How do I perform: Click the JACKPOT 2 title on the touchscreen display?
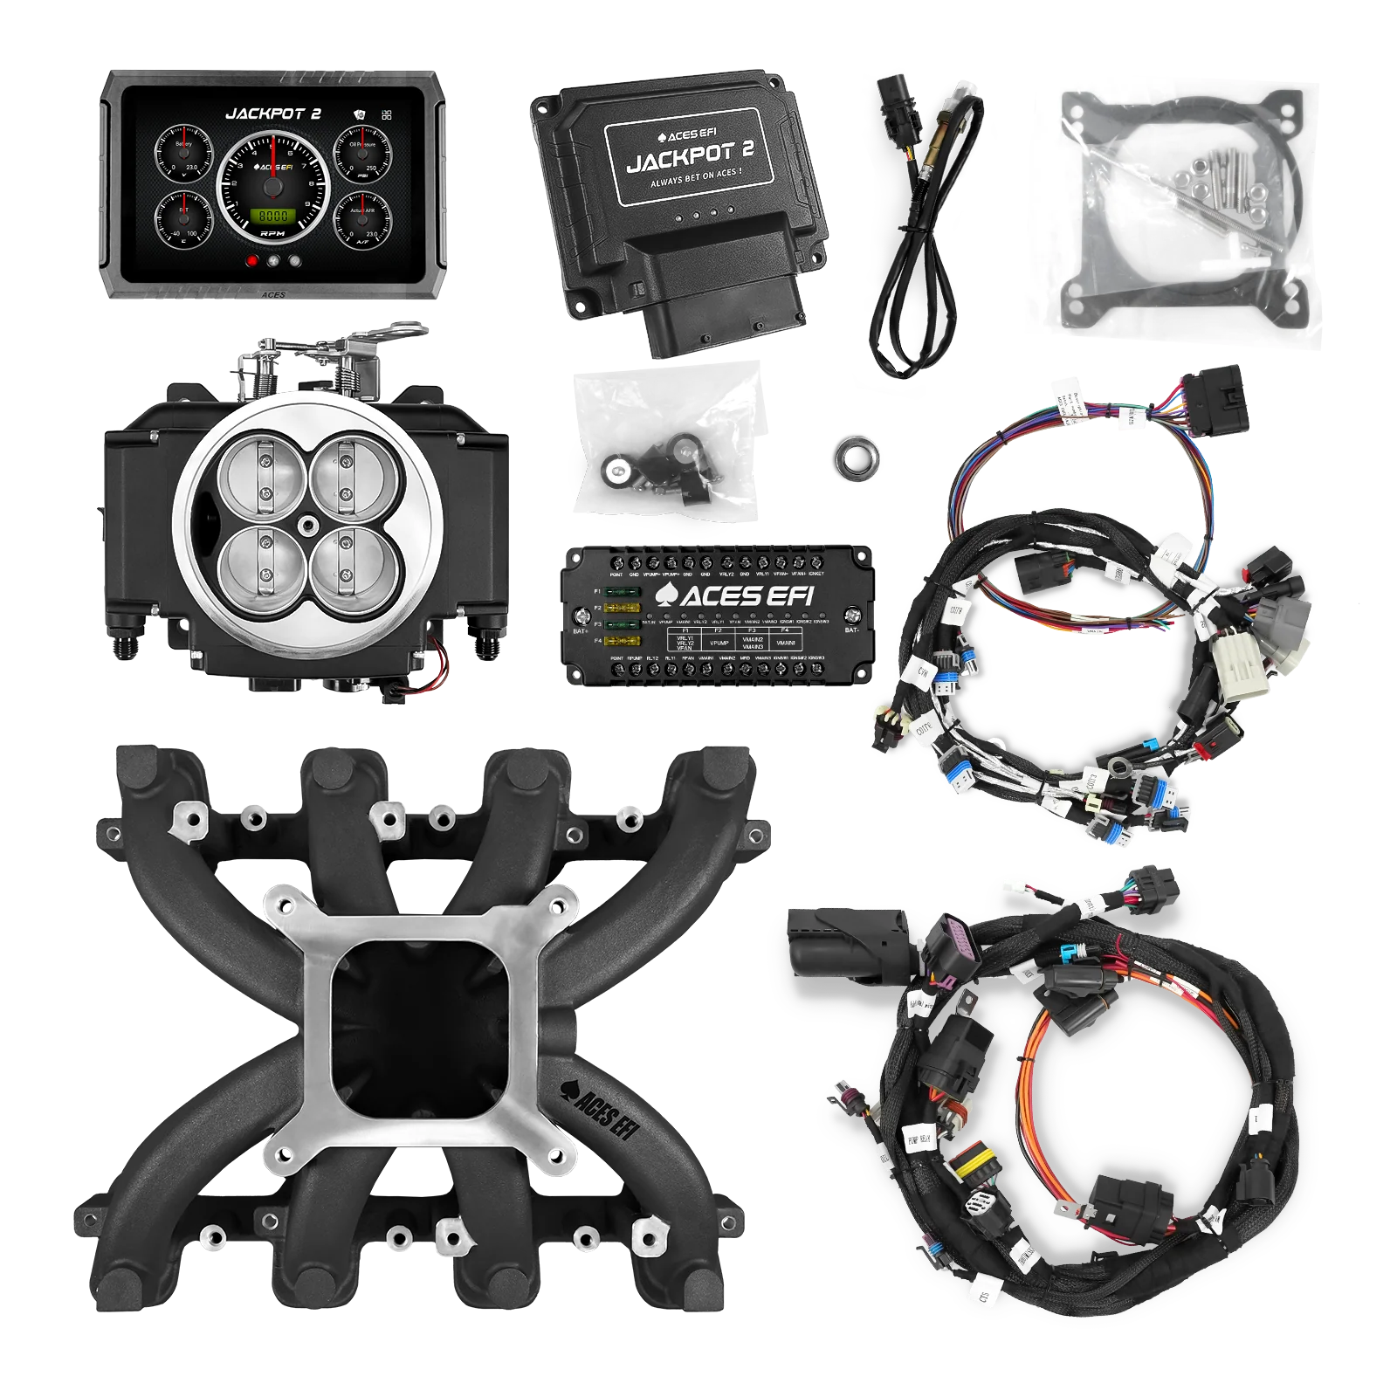(273, 114)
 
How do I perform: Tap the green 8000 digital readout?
(271, 215)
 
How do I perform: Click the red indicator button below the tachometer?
(252, 259)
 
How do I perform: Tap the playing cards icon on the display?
(360, 114)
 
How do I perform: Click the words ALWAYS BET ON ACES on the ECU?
(696, 184)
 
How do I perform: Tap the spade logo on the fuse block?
(665, 595)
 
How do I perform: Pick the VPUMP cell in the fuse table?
(719, 643)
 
